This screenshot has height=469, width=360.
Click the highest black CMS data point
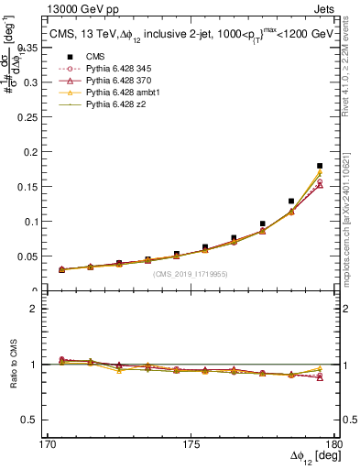coord(320,166)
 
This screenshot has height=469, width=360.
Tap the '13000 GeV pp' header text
coord(56,8)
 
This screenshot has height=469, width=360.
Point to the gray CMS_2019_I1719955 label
coord(191,274)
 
